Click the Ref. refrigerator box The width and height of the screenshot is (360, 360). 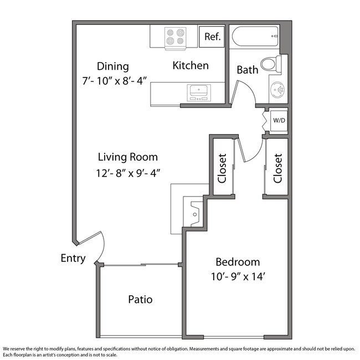pos(212,37)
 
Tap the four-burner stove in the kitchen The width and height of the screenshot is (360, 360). pos(175,38)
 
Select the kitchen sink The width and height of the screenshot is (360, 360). pos(199,92)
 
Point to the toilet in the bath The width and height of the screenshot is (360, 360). pos(271,64)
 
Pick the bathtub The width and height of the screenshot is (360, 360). pos(255,37)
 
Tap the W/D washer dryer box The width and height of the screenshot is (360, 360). pos(279,120)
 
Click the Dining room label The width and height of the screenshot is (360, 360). pos(113,66)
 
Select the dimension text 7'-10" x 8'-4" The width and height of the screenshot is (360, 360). pos(114,81)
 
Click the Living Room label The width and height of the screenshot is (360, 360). pos(128,157)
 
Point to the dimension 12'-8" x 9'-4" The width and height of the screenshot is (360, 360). pos(128,173)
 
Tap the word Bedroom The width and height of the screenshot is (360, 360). pos(238,262)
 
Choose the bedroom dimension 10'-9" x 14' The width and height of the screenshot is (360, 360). pos(238,276)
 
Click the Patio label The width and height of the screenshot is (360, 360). pos(140,300)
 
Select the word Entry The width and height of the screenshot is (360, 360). pos(73,259)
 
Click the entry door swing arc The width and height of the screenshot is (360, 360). pos(104,248)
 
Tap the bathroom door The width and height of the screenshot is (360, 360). pos(234,92)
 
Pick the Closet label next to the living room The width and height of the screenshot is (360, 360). pos(222,168)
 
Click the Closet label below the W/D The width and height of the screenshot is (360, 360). pos(277,168)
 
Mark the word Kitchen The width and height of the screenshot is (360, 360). pos(191,66)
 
